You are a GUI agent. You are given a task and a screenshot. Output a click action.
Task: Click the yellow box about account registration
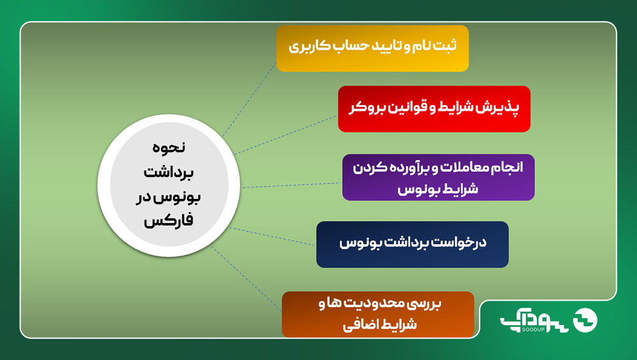pyautogui.click(x=373, y=48)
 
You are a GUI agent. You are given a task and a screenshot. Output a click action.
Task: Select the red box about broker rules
pyautogui.click(x=434, y=109)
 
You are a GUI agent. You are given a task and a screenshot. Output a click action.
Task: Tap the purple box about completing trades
pyautogui.click(x=438, y=177)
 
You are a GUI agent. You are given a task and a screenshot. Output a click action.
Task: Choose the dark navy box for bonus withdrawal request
pyautogui.click(x=412, y=244)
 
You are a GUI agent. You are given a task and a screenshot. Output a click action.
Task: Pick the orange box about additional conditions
pyautogui.click(x=378, y=314)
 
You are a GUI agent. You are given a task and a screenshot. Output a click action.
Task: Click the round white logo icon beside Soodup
pyautogui.click(x=585, y=320)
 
